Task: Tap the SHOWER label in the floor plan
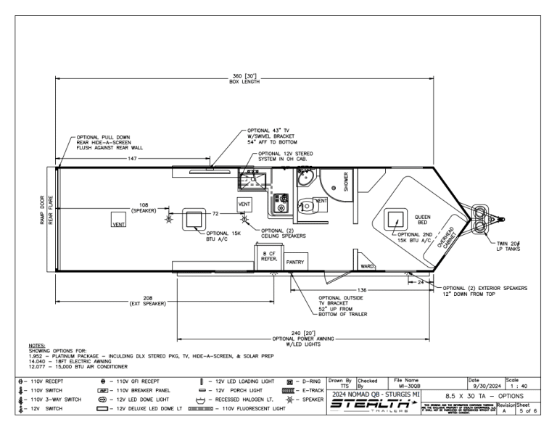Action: point(346,180)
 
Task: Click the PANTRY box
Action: point(295,261)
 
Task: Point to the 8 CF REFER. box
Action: point(268,256)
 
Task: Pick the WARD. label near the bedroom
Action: point(367,265)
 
